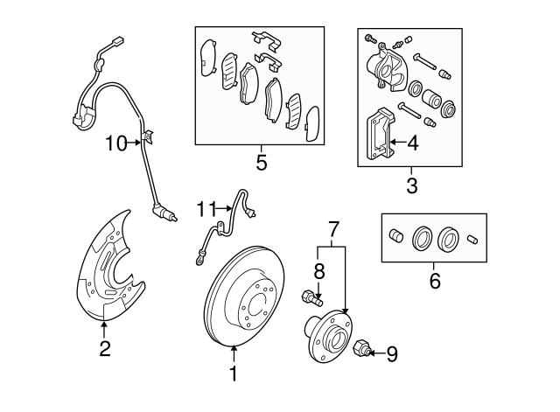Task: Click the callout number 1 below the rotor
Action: pos(234,374)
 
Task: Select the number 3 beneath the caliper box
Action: pos(411,185)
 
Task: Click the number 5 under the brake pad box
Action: pos(261,163)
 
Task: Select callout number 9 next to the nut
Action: pos(391,353)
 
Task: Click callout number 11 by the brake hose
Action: pos(206,208)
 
